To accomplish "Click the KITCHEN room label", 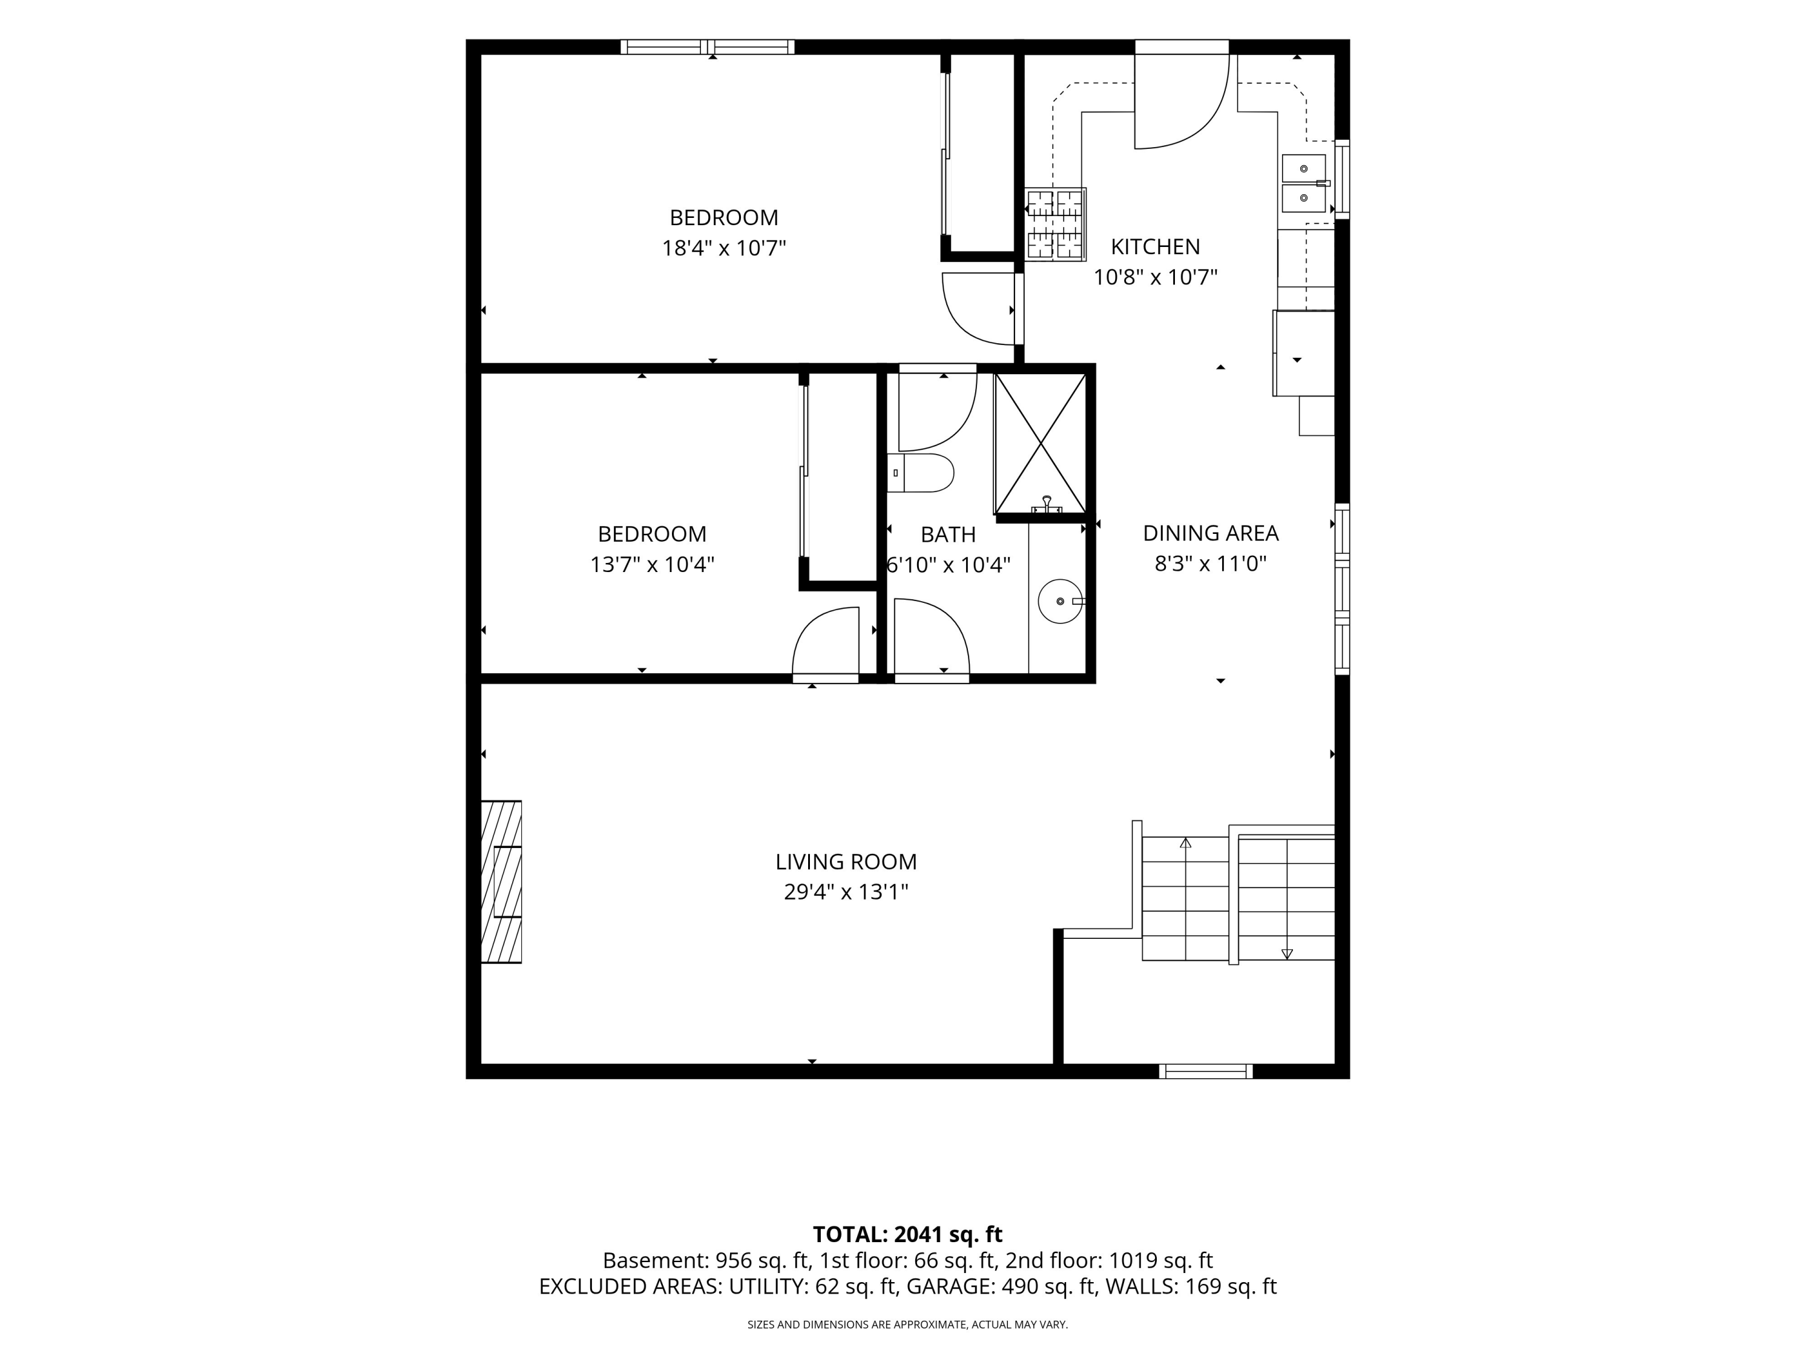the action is [1155, 246].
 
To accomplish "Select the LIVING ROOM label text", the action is [846, 862].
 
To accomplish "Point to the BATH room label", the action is [948, 535].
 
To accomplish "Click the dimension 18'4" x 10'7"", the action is [724, 248].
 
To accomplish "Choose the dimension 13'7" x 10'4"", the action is [653, 565].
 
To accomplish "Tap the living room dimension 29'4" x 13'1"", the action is [846, 892].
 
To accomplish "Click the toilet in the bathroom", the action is [920, 473].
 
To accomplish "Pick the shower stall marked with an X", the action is [1040, 443].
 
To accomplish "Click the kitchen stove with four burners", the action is [1055, 225].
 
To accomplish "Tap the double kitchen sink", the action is [1304, 183].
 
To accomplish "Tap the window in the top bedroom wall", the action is [708, 47].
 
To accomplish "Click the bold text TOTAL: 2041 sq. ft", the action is [907, 1234].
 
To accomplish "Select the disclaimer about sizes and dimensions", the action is [907, 1324].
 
